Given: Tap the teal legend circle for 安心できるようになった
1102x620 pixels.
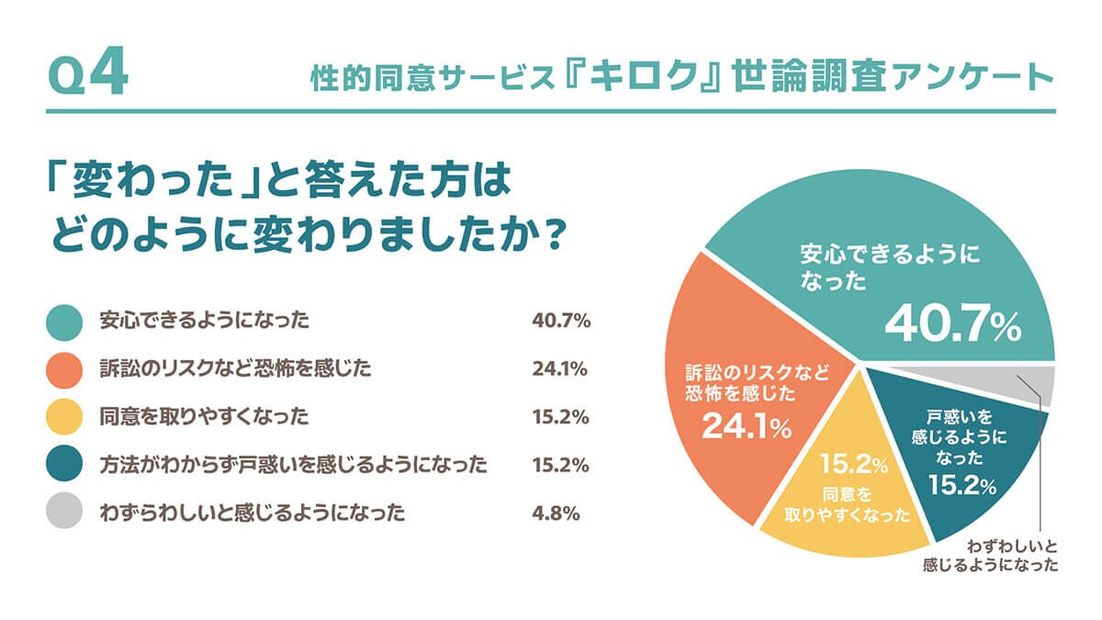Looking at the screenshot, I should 65,321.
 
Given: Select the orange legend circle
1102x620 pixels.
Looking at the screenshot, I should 65,369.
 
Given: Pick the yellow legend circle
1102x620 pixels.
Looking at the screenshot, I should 65,417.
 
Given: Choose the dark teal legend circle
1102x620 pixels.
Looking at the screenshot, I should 65,465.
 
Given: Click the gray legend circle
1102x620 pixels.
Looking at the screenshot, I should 65,513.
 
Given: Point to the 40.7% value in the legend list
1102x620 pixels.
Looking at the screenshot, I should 560,321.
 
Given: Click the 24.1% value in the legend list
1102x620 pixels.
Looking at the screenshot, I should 559,369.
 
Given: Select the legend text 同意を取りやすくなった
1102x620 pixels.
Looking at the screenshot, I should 204,417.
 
